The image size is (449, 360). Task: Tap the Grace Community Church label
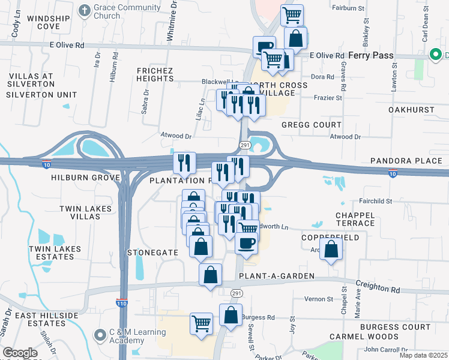click(x=127, y=12)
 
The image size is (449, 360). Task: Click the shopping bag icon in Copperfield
click(x=331, y=248)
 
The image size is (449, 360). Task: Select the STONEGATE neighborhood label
click(x=153, y=253)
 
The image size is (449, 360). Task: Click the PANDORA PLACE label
click(x=406, y=161)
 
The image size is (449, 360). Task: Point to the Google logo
click(x=19, y=353)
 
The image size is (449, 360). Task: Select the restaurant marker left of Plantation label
click(x=184, y=162)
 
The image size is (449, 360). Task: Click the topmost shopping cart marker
click(x=292, y=15)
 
